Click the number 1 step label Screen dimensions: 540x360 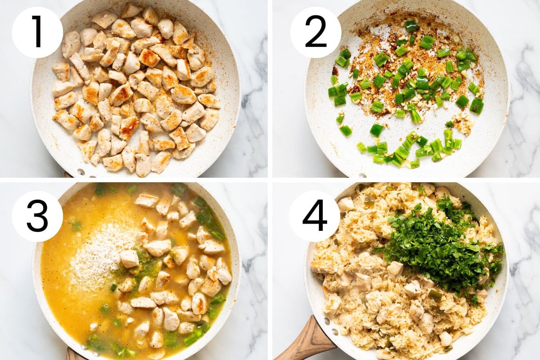pyautogui.click(x=37, y=32)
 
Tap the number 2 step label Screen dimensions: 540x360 pyautogui.click(x=315, y=32)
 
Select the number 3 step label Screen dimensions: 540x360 pyautogui.click(x=37, y=216)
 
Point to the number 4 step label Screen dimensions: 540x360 pyautogui.click(x=315, y=216)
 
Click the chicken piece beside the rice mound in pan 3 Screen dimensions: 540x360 pyautogui.click(x=129, y=259)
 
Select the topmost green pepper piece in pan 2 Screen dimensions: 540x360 pyautogui.click(x=411, y=26)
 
